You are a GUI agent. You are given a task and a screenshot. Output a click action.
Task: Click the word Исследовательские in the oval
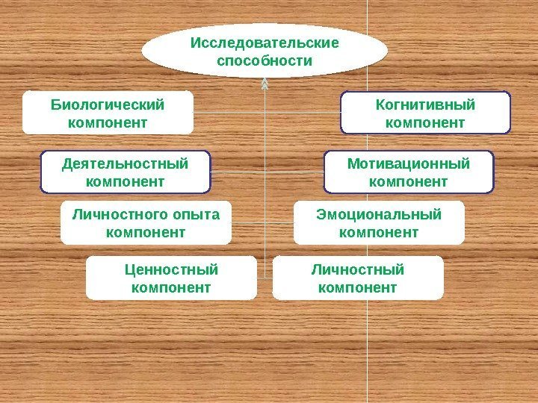click(x=265, y=43)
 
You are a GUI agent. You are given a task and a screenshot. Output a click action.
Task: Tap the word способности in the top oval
click(x=265, y=60)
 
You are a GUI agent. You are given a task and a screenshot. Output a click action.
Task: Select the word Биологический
click(x=107, y=104)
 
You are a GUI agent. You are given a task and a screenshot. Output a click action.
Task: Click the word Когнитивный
click(x=425, y=104)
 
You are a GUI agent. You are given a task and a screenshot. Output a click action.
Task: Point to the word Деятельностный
click(x=125, y=163)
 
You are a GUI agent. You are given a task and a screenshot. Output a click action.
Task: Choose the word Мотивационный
click(x=409, y=163)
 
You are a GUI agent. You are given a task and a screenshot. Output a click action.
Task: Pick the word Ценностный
click(x=171, y=269)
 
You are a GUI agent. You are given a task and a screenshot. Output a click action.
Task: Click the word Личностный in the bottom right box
click(x=357, y=269)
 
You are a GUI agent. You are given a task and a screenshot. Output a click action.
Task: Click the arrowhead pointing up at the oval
click(x=265, y=84)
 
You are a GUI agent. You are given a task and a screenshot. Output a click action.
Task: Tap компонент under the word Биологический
click(x=107, y=122)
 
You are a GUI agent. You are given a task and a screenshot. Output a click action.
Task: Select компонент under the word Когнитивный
click(x=425, y=122)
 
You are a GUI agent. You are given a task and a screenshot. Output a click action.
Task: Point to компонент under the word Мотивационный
click(x=409, y=181)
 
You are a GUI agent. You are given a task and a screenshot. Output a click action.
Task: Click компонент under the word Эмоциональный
click(x=379, y=233)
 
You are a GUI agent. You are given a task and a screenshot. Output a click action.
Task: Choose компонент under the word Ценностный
click(x=171, y=287)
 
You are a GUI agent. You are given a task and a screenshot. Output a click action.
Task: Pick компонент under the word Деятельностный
click(x=125, y=181)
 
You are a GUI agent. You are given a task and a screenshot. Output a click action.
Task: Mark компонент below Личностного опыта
click(x=146, y=233)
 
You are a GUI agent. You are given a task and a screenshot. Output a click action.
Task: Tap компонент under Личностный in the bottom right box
click(x=357, y=287)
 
